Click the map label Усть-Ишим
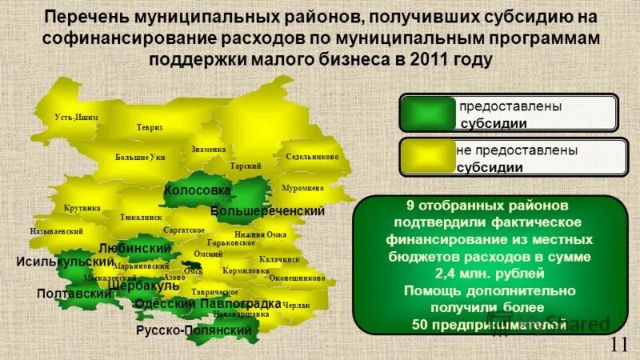[76, 117]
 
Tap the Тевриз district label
[149, 127]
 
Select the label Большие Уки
[140, 157]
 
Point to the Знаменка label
[209, 150]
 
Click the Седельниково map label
[312, 157]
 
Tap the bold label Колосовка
[197, 191]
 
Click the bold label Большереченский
[267, 211]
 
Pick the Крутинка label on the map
[82, 208]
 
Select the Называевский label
[57, 230]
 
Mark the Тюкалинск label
[141, 217]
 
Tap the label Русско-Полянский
[194, 330]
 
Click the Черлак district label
[296, 306]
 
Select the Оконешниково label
[297, 278]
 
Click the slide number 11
[618, 345]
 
